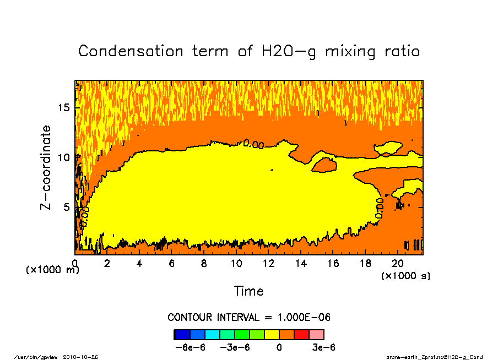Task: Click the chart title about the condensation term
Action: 249,51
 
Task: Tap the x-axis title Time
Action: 248,291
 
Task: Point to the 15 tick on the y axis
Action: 64,107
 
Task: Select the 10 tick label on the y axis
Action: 64,157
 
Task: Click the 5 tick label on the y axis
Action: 67,208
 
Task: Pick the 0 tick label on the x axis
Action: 75,263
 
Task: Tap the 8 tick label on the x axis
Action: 204,263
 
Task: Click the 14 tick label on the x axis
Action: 301,263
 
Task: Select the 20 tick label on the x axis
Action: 398,263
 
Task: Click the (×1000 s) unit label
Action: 406,276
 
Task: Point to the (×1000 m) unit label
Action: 52,270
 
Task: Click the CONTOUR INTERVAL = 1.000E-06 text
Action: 249,318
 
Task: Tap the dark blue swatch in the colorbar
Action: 182,334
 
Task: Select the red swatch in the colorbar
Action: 301,334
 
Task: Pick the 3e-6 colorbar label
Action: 323,347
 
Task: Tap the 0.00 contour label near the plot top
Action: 253,144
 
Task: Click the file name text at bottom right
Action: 435,357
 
